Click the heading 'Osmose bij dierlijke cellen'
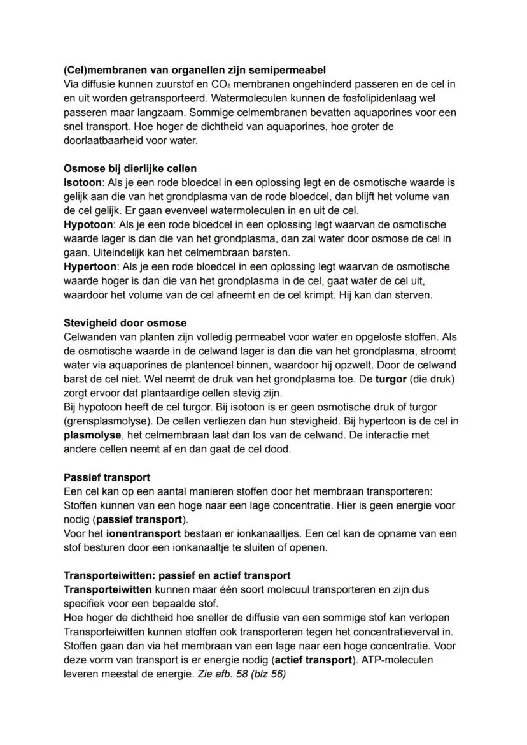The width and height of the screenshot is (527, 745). point(130,168)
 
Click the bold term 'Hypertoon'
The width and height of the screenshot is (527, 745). point(90,267)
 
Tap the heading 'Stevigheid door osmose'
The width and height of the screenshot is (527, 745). point(125,323)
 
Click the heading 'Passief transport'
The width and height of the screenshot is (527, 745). point(107,477)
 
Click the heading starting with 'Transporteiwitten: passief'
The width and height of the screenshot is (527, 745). point(177,575)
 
